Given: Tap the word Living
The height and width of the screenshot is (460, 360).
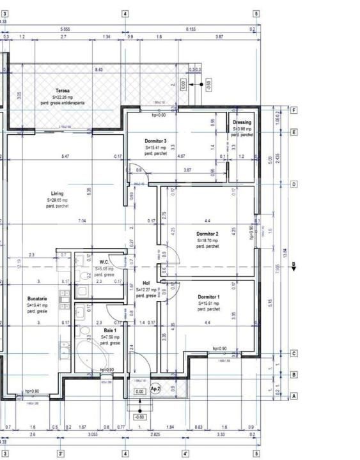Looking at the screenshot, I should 58,194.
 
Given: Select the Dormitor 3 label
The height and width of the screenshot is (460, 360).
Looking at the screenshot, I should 156,141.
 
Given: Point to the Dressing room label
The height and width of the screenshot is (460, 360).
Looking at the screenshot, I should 242,122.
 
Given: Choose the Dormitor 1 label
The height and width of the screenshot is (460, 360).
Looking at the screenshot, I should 208,297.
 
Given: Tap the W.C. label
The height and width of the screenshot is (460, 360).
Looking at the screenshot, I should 104,262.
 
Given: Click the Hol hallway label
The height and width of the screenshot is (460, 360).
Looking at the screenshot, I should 146,282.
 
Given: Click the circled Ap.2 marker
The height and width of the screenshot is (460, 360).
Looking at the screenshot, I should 155,388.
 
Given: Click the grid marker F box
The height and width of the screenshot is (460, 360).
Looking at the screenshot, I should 293,110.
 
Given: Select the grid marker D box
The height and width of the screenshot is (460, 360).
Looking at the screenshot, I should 293,184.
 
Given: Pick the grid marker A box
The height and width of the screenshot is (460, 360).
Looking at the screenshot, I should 293,396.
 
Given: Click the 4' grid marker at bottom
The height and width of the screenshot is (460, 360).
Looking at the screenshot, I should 186,454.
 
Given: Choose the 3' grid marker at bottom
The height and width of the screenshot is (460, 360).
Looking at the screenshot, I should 61,454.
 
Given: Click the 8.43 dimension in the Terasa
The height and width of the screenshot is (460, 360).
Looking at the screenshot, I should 99,69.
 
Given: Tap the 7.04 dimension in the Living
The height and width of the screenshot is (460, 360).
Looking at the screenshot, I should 82,221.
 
